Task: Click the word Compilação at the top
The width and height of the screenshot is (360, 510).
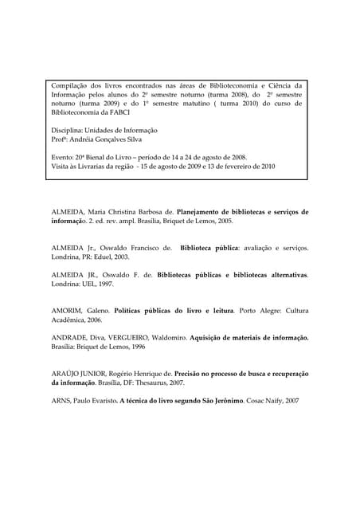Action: coord(72,85)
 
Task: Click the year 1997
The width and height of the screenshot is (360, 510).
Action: coord(105,283)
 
